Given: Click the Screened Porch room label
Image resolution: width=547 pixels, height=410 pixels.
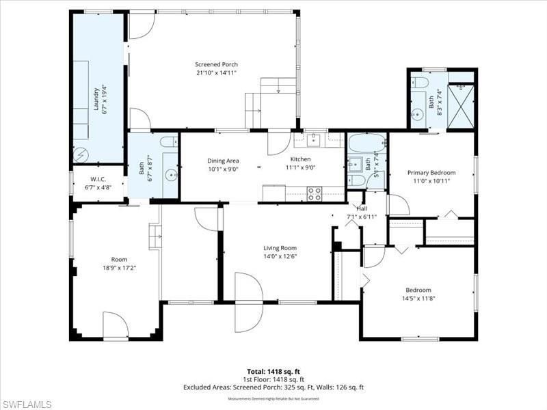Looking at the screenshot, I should click(x=216, y=64).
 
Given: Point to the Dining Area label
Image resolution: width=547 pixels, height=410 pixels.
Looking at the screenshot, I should click(x=223, y=161).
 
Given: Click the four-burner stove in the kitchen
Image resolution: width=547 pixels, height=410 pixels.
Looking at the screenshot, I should click(x=314, y=193).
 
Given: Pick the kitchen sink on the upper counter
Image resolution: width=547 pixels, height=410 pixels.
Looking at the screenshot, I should click(x=313, y=141).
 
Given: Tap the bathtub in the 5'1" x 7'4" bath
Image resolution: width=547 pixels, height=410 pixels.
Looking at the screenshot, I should click(x=366, y=144).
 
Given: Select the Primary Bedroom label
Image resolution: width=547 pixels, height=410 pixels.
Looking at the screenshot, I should click(x=431, y=173).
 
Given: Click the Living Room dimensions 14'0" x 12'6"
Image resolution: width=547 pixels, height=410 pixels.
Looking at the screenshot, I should click(x=280, y=257).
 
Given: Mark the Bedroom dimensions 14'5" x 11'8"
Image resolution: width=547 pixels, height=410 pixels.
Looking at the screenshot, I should click(x=418, y=298).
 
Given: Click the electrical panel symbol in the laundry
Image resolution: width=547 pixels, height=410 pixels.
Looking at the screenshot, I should click(x=81, y=154).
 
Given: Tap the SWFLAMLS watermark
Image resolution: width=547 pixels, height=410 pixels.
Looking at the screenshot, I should click(x=26, y=403).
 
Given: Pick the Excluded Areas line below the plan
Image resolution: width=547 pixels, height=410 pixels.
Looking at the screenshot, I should click(x=273, y=387).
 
